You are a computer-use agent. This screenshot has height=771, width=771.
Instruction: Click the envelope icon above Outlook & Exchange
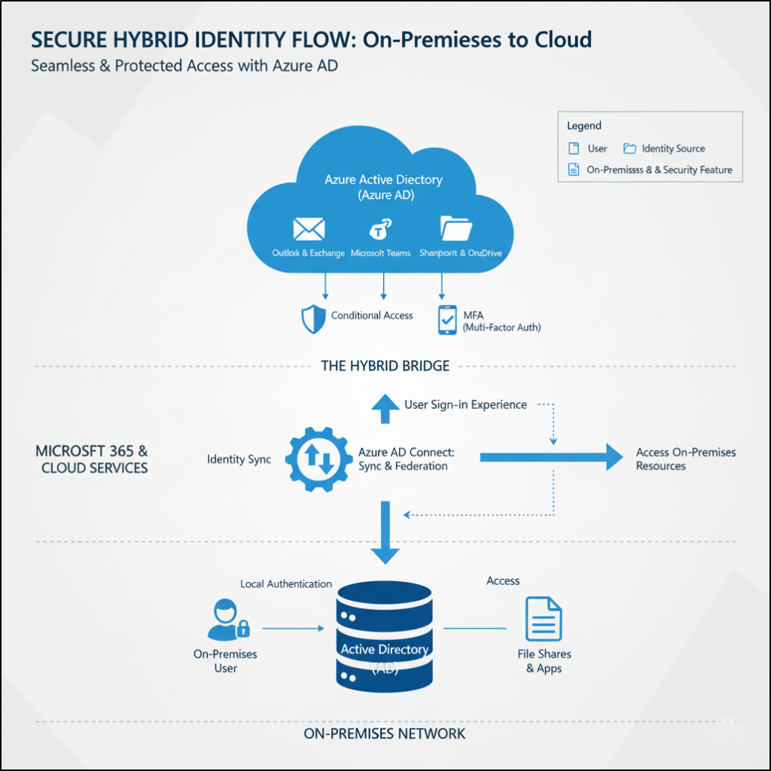point(309,228)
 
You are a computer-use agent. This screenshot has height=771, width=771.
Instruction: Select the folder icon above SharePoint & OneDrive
point(456,228)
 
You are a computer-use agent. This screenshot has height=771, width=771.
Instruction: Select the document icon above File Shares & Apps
point(544,619)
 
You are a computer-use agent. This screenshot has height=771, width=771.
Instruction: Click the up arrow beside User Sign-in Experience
point(386,407)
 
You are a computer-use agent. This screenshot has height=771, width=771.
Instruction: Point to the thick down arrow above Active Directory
point(385,532)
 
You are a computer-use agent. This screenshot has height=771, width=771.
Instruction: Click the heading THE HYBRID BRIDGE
point(385,367)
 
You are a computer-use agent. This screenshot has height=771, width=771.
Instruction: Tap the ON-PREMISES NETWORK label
point(385,733)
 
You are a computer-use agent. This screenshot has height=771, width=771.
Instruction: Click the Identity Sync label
point(239,459)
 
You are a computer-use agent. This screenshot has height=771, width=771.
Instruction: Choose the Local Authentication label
point(286,584)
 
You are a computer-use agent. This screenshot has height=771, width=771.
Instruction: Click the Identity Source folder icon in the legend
point(629,148)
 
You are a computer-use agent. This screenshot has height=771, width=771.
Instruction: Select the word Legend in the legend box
point(584,126)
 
